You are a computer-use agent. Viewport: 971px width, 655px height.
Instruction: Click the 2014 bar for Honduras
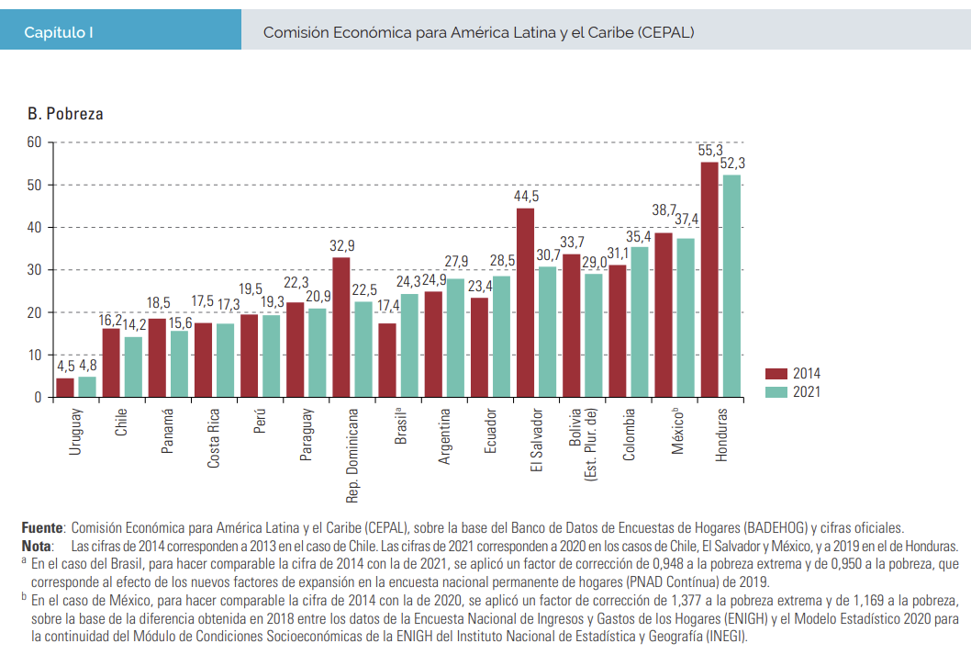point(709,279)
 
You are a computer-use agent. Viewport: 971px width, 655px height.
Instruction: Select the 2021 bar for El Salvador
point(548,332)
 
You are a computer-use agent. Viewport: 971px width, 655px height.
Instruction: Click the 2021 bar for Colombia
point(640,322)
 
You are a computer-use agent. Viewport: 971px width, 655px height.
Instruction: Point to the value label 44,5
point(526,197)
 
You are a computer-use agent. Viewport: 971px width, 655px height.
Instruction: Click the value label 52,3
point(732,164)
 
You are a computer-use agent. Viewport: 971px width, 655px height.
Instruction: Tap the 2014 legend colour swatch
point(776,373)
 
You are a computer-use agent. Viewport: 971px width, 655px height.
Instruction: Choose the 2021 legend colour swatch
point(776,391)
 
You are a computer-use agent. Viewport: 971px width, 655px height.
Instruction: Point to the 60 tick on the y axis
point(34,142)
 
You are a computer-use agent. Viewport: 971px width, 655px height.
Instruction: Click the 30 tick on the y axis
point(34,270)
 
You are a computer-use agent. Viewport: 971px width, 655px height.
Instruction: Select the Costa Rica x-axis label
point(214,438)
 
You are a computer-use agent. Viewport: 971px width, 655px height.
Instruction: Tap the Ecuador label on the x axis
point(490,432)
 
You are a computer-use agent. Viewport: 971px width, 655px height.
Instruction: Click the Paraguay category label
point(307,435)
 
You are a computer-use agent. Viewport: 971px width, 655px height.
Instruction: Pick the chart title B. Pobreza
point(65,115)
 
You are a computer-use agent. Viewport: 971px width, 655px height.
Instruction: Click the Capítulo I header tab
point(60,32)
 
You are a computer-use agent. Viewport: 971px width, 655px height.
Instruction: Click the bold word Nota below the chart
point(37,545)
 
